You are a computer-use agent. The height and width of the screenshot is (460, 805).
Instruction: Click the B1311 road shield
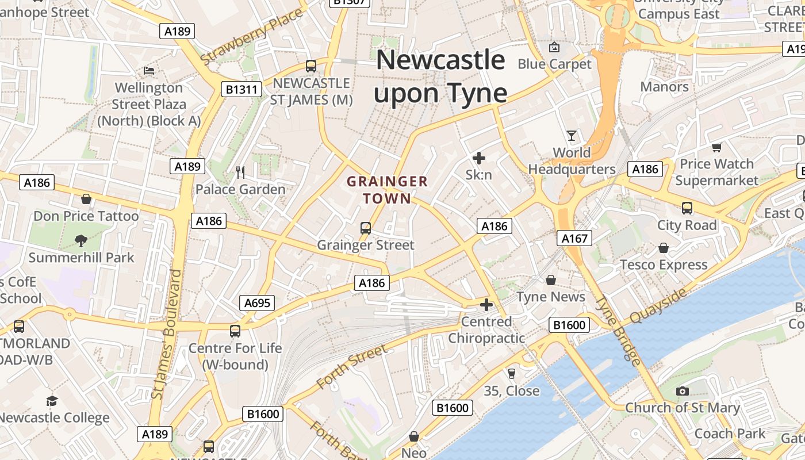pos(241,89)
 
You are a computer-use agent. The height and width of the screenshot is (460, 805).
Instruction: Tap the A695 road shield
pos(257,303)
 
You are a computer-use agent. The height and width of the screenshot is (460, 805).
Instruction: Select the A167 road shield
pos(574,237)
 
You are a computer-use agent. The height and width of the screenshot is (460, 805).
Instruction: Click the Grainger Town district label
pos(387,190)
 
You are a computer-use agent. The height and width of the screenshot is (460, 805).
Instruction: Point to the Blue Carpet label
pos(554,64)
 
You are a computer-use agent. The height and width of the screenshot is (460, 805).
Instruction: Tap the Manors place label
pos(664,87)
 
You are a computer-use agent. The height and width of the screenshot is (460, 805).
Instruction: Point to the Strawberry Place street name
pos(251,36)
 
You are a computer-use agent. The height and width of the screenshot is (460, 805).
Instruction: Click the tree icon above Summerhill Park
pos(81,240)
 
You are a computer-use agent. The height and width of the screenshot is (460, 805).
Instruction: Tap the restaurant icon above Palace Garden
pos(240,172)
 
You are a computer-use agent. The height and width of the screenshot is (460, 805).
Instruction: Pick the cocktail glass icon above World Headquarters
pos(572,136)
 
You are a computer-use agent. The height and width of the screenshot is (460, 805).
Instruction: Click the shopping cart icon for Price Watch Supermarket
pos(716,147)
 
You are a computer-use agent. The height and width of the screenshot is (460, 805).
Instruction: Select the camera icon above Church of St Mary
pos(683,391)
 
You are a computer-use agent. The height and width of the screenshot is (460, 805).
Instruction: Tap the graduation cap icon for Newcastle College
pos(52,401)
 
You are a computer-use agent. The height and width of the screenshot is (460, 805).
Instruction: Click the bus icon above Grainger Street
pos(366,228)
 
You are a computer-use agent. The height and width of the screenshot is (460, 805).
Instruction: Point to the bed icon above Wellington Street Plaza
pos(149,71)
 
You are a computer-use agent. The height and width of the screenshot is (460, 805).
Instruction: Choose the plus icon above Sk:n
pos(478,158)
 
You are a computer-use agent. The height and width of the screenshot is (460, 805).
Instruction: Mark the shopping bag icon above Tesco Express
pos(664,248)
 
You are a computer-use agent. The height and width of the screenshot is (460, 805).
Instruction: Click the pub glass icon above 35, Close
pos(511,374)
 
